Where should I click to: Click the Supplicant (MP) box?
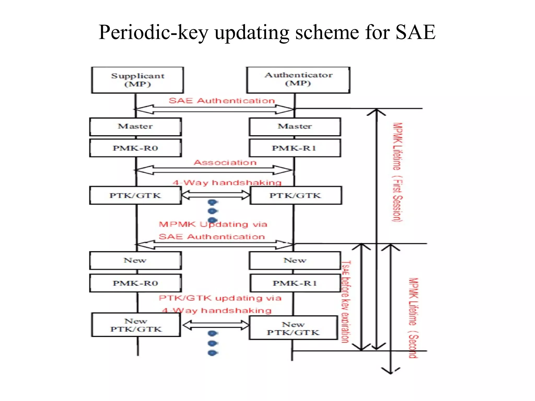137,80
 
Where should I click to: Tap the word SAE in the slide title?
415,32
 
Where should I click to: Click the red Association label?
225,162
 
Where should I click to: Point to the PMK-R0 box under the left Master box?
135,148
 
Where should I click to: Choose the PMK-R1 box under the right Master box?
295,148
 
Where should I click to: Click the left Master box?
135,127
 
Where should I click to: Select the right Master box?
295,127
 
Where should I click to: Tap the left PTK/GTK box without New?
135,195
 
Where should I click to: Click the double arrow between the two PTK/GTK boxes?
216,195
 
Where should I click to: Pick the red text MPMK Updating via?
213,224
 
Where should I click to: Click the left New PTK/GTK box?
136,325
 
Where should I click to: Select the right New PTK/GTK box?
293,328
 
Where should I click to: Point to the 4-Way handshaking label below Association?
227,182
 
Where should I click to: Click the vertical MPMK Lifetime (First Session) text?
398,172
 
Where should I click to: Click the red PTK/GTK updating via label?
220,298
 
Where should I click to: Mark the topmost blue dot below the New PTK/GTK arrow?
213,333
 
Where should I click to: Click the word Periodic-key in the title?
154,32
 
